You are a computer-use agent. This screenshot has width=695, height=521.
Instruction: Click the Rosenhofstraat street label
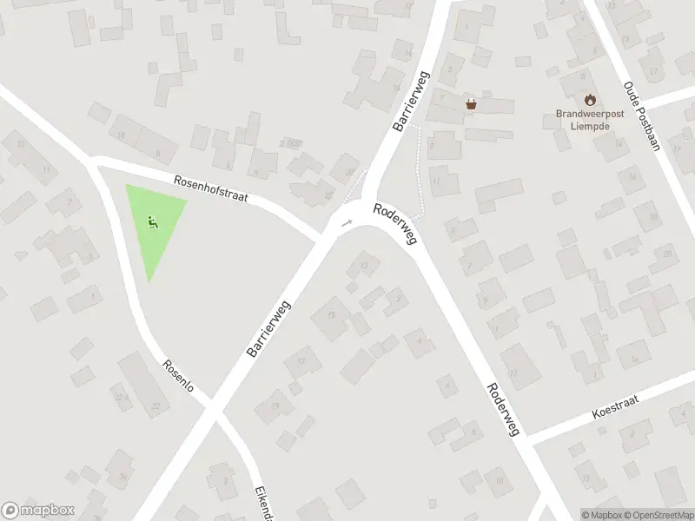[x=211, y=190]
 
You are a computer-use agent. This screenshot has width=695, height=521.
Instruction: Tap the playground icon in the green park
[x=153, y=221]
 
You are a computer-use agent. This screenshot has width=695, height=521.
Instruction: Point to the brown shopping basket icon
[x=471, y=104]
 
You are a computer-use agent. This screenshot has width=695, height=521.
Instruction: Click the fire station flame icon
[x=591, y=99]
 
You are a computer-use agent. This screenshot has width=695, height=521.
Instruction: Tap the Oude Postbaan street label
[x=642, y=117]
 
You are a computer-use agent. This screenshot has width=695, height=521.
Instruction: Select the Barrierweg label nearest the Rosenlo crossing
[x=268, y=328]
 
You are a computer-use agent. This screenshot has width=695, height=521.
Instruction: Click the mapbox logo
[x=37, y=511]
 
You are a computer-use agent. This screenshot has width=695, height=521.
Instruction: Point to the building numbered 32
[x=156, y=406]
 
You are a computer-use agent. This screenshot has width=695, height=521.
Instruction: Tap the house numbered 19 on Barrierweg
[x=276, y=406]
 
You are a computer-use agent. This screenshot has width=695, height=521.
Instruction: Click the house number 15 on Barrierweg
[x=331, y=314]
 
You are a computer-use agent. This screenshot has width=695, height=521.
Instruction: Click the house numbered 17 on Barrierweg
[x=301, y=361]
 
